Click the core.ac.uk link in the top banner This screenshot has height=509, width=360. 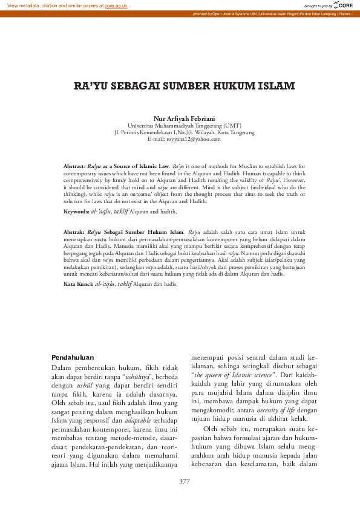[115, 5]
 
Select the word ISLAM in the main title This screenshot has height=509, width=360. [264, 86]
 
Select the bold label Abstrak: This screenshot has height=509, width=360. [74, 232]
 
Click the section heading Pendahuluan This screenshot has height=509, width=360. [73, 357]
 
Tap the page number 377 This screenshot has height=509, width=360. [185, 481]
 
